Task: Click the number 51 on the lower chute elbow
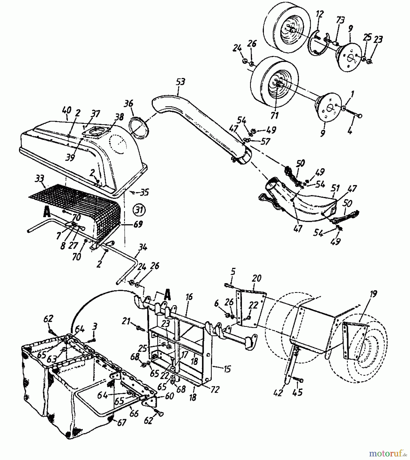335,189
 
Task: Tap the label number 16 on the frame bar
189,297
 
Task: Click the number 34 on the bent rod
142,248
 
